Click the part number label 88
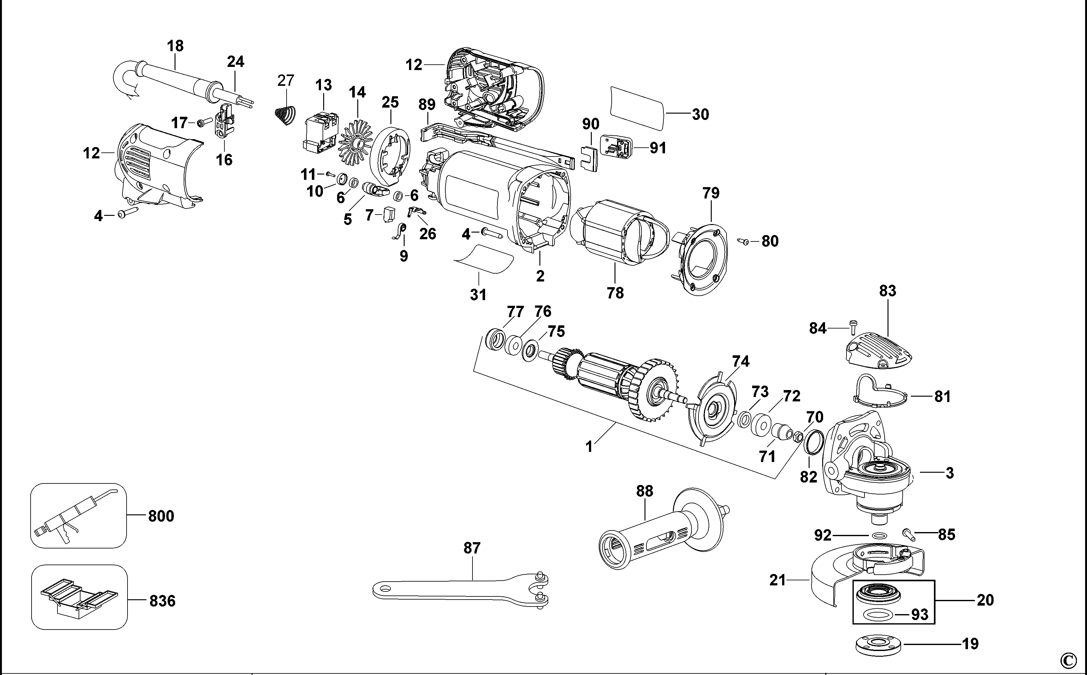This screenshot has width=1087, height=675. tap(644, 491)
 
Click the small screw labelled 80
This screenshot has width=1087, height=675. tap(743, 241)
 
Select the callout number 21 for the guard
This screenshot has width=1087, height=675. tap(777, 580)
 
